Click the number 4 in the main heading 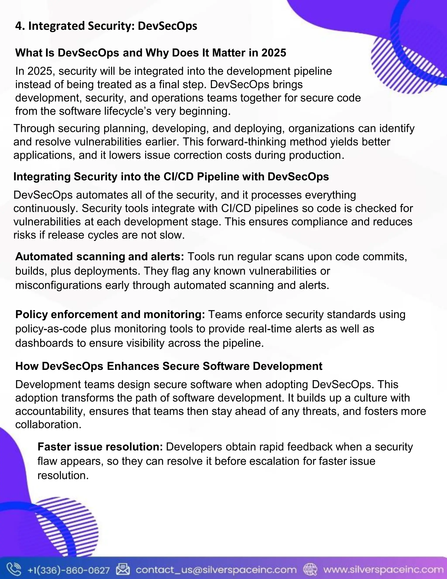(18, 26)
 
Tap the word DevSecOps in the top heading (167, 26)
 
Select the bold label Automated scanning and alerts (100, 257)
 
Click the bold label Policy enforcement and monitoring (110, 315)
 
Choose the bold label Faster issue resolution (100, 447)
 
